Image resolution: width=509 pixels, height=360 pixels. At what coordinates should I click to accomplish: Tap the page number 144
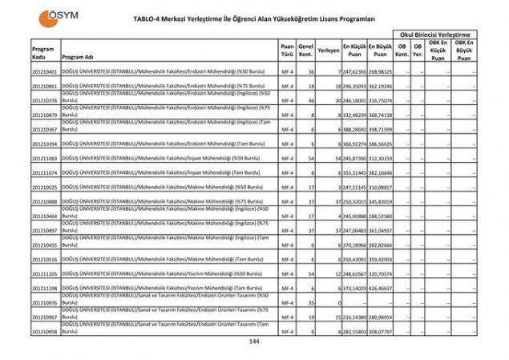click(254, 342)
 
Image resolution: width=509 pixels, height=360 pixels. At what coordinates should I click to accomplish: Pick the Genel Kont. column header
click(305, 50)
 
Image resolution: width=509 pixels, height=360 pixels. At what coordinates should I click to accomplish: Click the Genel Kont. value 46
click(311, 101)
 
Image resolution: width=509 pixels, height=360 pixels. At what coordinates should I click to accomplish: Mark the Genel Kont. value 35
click(311, 302)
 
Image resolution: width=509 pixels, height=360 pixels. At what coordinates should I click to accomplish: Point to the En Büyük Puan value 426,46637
click(380, 288)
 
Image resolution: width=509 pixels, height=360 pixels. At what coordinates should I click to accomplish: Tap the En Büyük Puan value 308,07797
click(380, 331)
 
